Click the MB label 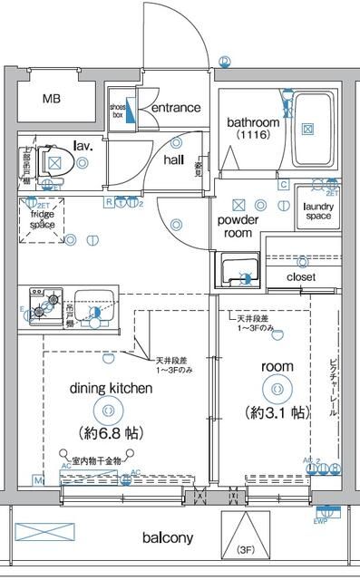coord(53,98)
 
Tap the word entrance coord(175,108)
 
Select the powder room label coord(238,227)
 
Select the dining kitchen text coord(110,388)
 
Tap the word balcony coord(168,537)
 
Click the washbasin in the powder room coord(240,271)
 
